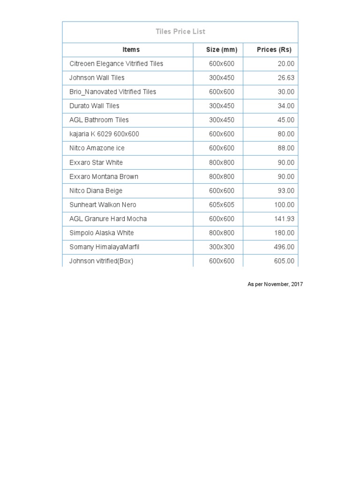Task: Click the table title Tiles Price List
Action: point(180,32)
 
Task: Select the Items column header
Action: point(131,50)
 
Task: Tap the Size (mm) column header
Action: point(222,50)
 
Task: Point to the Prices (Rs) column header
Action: point(274,50)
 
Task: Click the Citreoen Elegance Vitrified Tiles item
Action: point(116,64)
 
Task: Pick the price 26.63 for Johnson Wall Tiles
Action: point(286,78)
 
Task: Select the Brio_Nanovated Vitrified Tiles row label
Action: point(113,92)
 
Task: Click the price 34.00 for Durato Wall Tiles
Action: point(286,106)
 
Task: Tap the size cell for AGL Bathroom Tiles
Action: point(222,120)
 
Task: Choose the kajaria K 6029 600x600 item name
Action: point(104,134)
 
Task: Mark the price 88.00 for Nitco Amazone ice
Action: point(286,148)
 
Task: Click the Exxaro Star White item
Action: point(96,163)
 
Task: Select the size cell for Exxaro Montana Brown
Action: point(222,177)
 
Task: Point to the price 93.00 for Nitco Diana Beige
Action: point(286,191)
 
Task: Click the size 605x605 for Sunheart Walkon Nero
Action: point(222,205)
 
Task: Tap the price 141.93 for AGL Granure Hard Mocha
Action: point(285,219)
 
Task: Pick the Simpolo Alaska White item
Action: point(102,233)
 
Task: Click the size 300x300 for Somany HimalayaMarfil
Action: point(222,247)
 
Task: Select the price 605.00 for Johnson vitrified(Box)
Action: point(285,261)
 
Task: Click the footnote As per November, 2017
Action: point(275,285)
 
